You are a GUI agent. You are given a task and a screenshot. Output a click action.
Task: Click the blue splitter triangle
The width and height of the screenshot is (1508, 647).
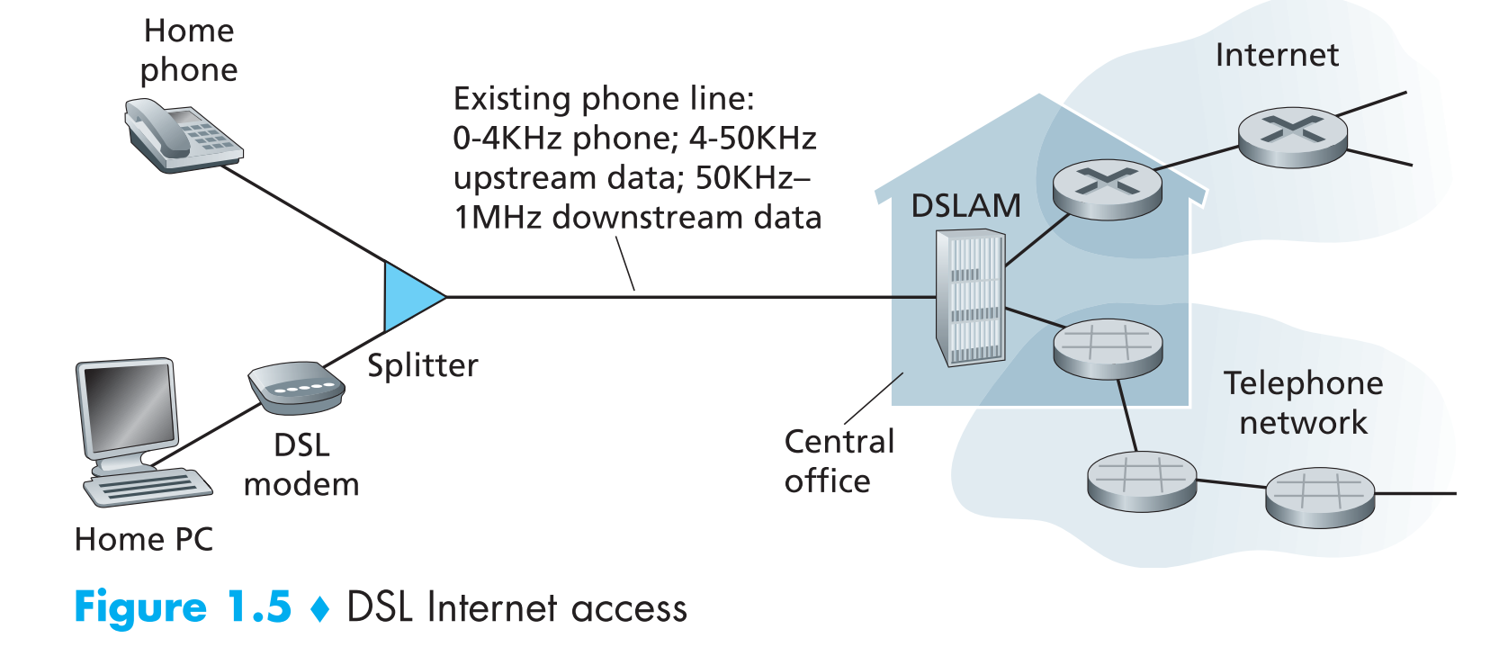click(409, 296)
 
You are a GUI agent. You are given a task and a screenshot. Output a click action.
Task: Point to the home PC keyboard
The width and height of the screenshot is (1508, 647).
click(148, 489)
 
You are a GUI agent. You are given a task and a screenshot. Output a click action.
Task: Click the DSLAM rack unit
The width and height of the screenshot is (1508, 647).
click(970, 297)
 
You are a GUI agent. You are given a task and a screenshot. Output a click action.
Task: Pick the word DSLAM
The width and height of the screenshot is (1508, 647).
click(965, 206)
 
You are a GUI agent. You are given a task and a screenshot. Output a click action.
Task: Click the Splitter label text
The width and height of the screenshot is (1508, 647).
click(423, 365)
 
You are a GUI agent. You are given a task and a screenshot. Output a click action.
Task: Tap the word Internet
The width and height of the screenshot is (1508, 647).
click(1276, 55)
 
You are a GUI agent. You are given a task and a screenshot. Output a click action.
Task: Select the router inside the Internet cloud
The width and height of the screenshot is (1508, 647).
click(1292, 138)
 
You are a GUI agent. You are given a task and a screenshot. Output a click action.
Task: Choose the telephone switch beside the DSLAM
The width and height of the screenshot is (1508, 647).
click(1107, 348)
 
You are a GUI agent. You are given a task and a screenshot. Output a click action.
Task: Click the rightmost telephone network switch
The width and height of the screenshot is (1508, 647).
click(1319, 497)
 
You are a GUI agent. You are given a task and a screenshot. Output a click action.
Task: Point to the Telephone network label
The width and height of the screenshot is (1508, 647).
click(1303, 402)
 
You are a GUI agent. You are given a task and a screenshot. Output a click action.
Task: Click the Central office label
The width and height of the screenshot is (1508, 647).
click(839, 461)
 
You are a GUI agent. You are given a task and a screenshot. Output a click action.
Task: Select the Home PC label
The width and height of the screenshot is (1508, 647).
click(144, 539)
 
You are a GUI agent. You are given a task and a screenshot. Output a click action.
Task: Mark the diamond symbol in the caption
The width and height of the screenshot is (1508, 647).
click(319, 609)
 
